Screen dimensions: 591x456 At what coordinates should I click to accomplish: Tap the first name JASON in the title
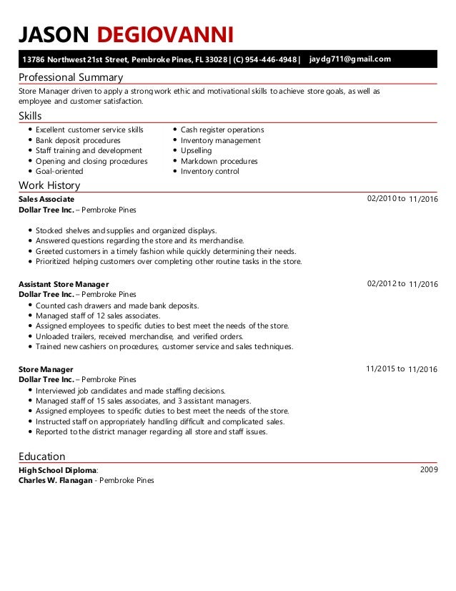tap(54, 34)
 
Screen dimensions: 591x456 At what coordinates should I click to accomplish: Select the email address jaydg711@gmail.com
tap(350, 59)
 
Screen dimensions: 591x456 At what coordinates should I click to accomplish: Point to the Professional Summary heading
tap(71, 77)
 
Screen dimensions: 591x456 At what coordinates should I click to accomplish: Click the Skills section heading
tap(30, 116)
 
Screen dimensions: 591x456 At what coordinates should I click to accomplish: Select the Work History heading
tap(49, 186)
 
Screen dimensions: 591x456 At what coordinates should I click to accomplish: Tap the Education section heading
tap(41, 456)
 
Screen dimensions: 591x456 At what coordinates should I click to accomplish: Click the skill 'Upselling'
tap(196, 151)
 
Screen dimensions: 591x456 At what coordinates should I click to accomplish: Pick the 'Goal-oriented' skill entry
tap(59, 172)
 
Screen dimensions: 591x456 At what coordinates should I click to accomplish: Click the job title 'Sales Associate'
tap(46, 199)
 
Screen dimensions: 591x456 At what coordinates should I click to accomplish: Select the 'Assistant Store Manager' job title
tap(64, 284)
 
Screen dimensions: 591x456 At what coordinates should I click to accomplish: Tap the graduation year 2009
tap(429, 469)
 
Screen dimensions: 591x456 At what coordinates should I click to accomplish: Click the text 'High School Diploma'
tap(57, 470)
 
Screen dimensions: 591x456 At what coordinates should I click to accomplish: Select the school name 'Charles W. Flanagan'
tap(55, 481)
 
